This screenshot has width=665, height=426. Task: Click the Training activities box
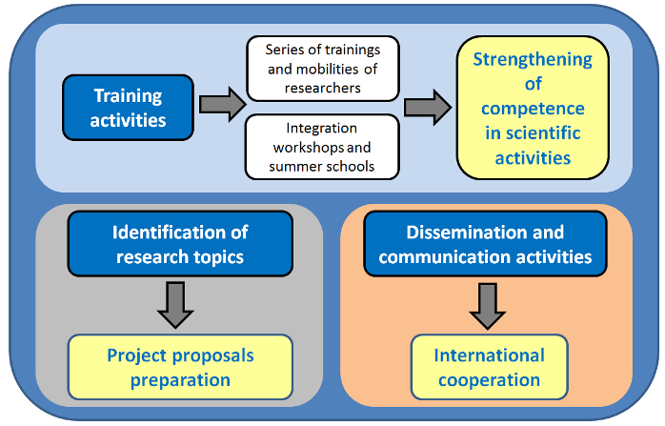(x=128, y=108)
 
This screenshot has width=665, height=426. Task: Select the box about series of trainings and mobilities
(x=323, y=69)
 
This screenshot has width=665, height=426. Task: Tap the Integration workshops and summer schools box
(x=322, y=147)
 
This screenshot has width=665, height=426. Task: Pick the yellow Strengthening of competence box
(x=533, y=108)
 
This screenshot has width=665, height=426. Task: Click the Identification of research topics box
(x=180, y=244)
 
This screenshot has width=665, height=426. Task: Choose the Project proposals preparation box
(x=180, y=368)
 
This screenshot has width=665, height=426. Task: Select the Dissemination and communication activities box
(x=485, y=244)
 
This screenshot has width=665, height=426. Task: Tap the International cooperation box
(x=490, y=368)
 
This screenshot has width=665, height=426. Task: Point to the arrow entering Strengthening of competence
(x=428, y=107)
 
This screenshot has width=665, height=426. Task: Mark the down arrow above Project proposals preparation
(x=175, y=306)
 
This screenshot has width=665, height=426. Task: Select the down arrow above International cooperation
(x=487, y=306)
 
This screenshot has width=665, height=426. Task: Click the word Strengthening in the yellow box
(x=533, y=59)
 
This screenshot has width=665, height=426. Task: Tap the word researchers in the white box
(x=322, y=88)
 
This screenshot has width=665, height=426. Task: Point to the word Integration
(x=321, y=129)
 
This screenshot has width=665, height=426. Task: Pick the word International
(x=490, y=355)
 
